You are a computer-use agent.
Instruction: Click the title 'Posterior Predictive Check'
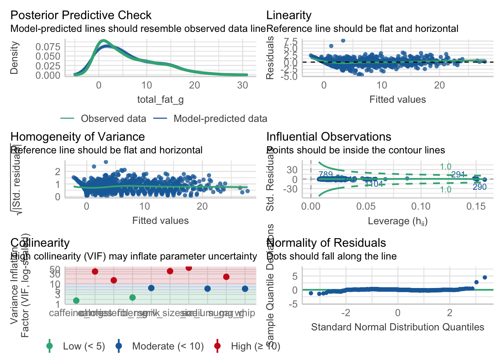(81, 15)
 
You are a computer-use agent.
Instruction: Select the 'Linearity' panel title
(289, 15)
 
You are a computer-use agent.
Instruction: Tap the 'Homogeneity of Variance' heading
(78, 137)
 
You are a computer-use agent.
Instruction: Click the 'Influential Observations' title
(329, 137)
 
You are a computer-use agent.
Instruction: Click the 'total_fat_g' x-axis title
(160, 99)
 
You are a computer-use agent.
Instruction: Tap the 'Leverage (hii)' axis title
(397, 221)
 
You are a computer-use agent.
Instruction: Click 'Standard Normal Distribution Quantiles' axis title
(397, 327)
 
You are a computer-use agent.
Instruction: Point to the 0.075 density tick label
(48, 47)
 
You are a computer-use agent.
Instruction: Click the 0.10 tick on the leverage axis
(421, 206)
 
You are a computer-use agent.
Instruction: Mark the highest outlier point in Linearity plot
(343, 40)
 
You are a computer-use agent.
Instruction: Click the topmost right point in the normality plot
(484, 277)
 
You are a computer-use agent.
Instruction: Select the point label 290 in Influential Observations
(479, 187)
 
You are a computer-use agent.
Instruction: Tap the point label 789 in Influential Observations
(325, 175)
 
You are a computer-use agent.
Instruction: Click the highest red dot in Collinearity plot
(189, 268)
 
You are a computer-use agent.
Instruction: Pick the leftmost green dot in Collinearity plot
(76, 300)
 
